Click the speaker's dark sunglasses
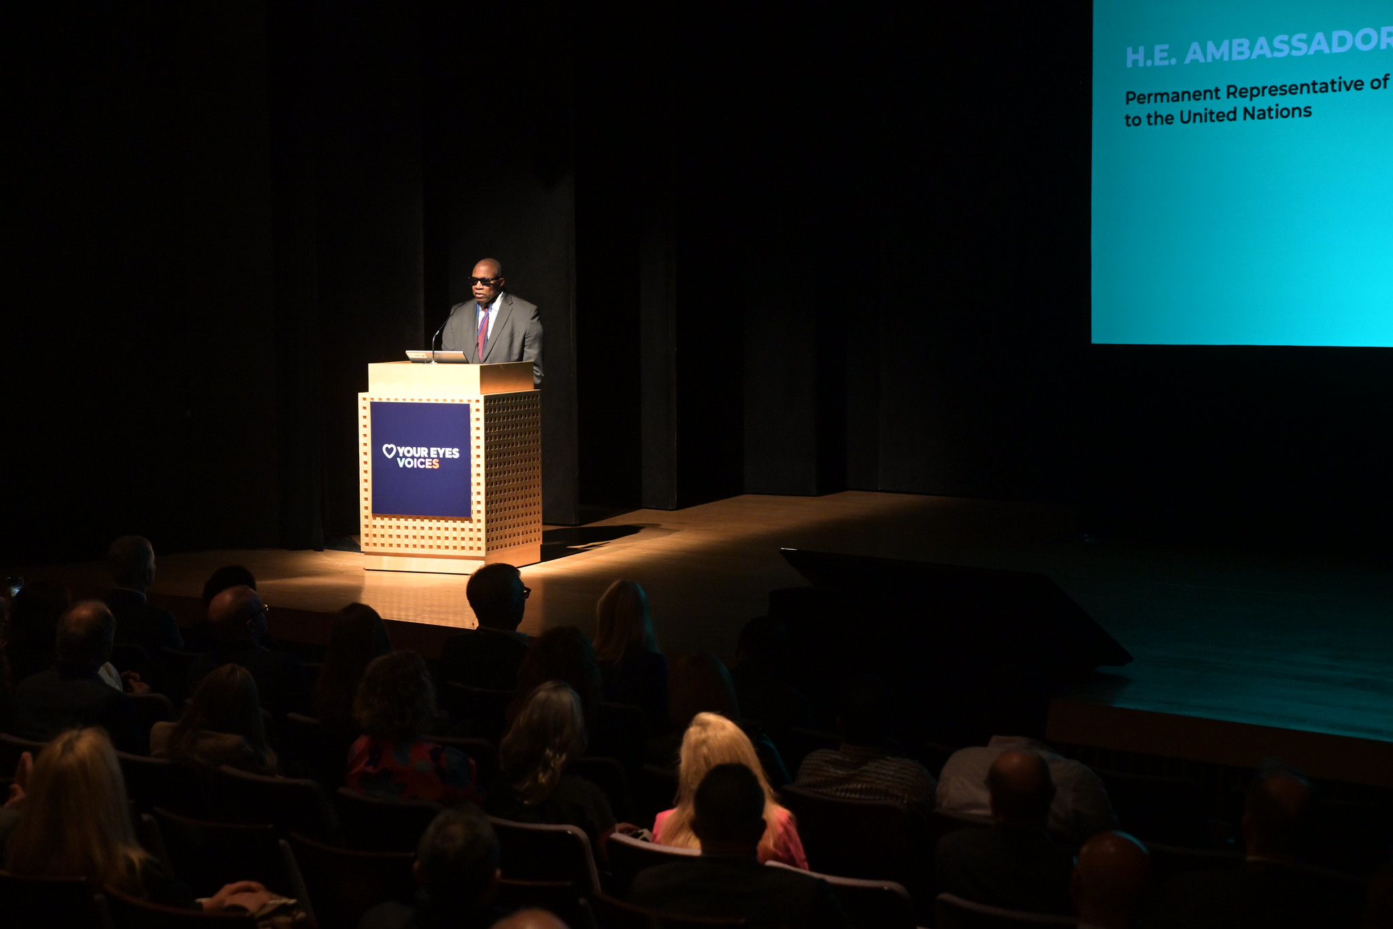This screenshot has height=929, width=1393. (484, 280)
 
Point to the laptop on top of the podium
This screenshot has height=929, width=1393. (437, 356)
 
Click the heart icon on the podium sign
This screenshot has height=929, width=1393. (389, 451)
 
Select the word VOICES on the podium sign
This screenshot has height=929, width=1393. (418, 463)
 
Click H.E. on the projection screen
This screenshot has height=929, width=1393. (1151, 57)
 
